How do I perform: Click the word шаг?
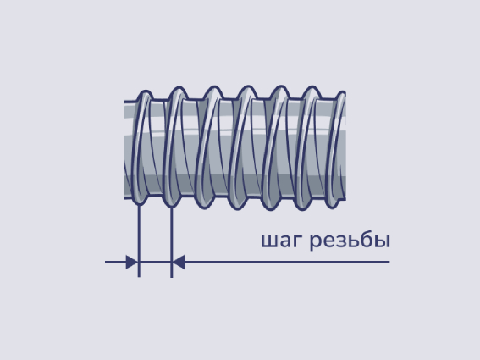[x=282, y=241]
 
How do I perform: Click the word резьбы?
[x=350, y=240]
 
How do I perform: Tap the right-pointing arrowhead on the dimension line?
[x=132, y=263]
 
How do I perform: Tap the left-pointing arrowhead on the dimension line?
[x=178, y=263]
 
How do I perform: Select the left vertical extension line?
[x=139, y=241]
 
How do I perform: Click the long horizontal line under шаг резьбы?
[x=287, y=263]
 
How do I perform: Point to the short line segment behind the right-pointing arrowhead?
[x=115, y=263]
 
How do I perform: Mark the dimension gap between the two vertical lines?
[x=155, y=263]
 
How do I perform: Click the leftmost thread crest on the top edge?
[x=145, y=94]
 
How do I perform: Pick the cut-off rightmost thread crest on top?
[x=342, y=94]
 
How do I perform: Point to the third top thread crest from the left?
[x=213, y=90]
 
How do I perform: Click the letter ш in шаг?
[x=268, y=242]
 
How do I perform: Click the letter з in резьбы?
[x=334, y=242]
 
